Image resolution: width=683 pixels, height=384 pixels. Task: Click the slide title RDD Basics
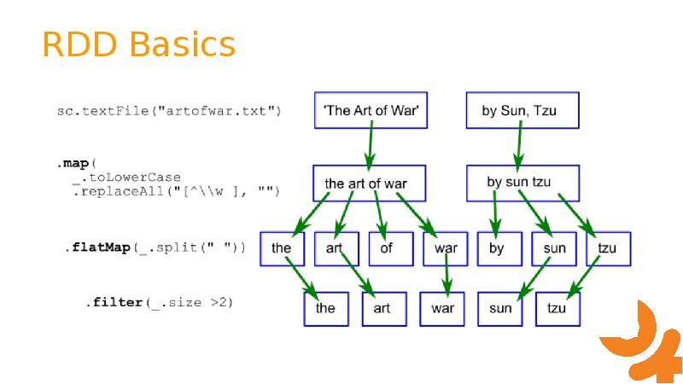(x=138, y=44)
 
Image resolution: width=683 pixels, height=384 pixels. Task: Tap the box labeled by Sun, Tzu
(x=522, y=110)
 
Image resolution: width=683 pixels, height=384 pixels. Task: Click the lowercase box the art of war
(x=368, y=183)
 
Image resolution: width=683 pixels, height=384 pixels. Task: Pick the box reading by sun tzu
(x=522, y=183)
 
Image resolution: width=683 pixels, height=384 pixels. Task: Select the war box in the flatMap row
(x=445, y=248)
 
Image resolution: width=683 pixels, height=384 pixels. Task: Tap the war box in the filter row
(x=441, y=308)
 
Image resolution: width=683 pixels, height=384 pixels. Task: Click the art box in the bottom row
(x=383, y=308)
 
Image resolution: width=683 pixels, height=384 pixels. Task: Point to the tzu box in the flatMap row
(x=608, y=248)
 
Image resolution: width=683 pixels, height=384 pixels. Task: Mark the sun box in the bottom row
(x=499, y=308)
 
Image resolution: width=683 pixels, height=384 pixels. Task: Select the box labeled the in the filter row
(x=326, y=308)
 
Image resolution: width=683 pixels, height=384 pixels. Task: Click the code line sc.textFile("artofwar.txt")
(x=169, y=111)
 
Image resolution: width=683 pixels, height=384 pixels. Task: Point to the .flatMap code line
(x=155, y=247)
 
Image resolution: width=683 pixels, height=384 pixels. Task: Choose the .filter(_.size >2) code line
(x=159, y=303)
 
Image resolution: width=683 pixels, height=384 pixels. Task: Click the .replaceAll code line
(x=176, y=190)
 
